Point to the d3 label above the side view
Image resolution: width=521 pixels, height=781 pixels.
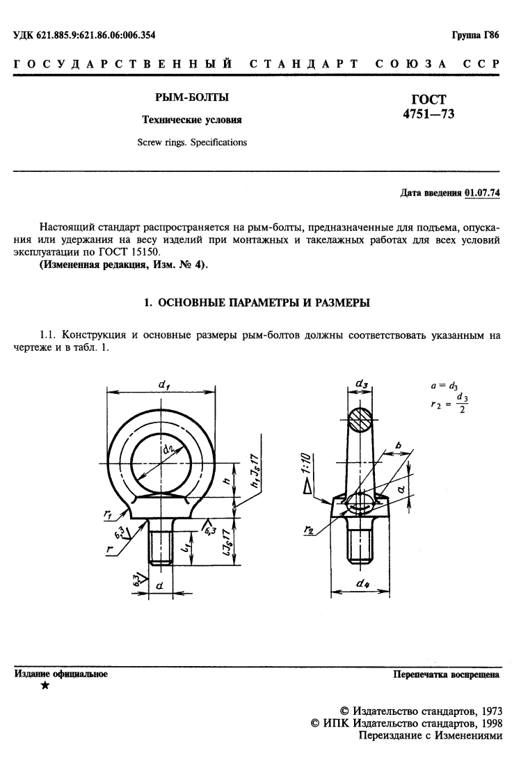(x=362, y=384)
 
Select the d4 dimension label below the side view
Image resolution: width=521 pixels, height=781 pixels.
(x=362, y=585)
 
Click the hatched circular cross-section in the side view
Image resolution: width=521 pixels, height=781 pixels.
(x=362, y=421)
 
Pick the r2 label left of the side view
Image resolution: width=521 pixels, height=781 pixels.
(x=308, y=530)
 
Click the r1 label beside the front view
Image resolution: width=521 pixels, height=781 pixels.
(x=109, y=513)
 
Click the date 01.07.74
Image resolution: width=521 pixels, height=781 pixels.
(x=482, y=193)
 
